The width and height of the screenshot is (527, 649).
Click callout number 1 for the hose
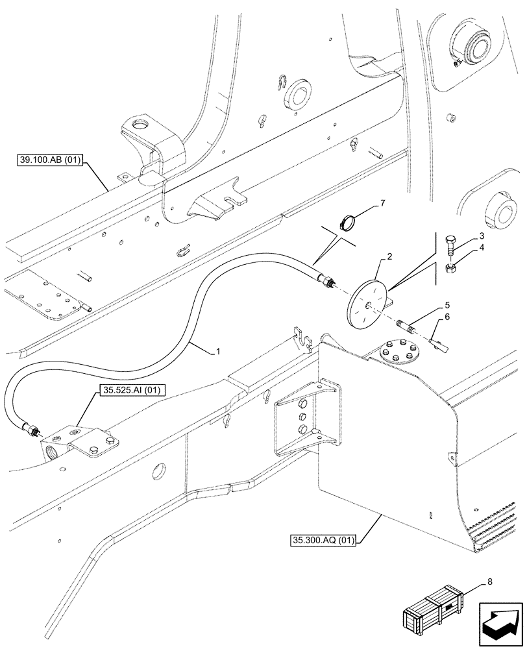pyautogui.click(x=218, y=351)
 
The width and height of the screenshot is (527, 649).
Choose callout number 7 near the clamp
pyautogui.click(x=382, y=204)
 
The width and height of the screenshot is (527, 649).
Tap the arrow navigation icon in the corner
pyautogui.click(x=500, y=619)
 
